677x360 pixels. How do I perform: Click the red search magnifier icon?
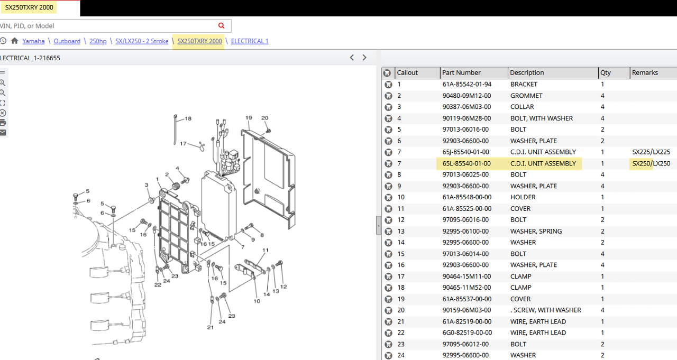point(221,26)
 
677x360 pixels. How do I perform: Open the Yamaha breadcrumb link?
point(33,41)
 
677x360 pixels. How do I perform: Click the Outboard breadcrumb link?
point(67,41)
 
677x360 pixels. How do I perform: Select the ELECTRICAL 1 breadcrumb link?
point(250,41)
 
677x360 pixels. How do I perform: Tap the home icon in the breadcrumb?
point(14,41)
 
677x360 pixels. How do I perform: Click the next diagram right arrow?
point(364,58)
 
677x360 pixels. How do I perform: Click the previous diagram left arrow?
point(352,58)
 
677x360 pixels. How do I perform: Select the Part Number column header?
point(461,73)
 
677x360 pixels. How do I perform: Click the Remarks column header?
point(645,73)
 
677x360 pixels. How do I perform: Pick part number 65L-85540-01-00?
point(466,163)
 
